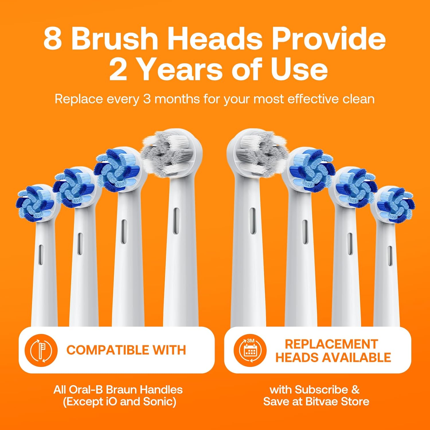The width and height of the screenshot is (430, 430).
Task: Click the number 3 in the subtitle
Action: click(x=147, y=99)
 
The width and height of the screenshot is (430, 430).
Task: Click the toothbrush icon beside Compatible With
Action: click(x=41, y=350)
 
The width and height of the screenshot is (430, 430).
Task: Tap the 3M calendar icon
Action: click(x=250, y=350)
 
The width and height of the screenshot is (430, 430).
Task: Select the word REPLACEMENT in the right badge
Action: click(x=331, y=344)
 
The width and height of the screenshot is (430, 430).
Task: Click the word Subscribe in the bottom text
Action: click(x=321, y=390)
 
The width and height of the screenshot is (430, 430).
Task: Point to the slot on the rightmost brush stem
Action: click(x=390, y=255)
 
